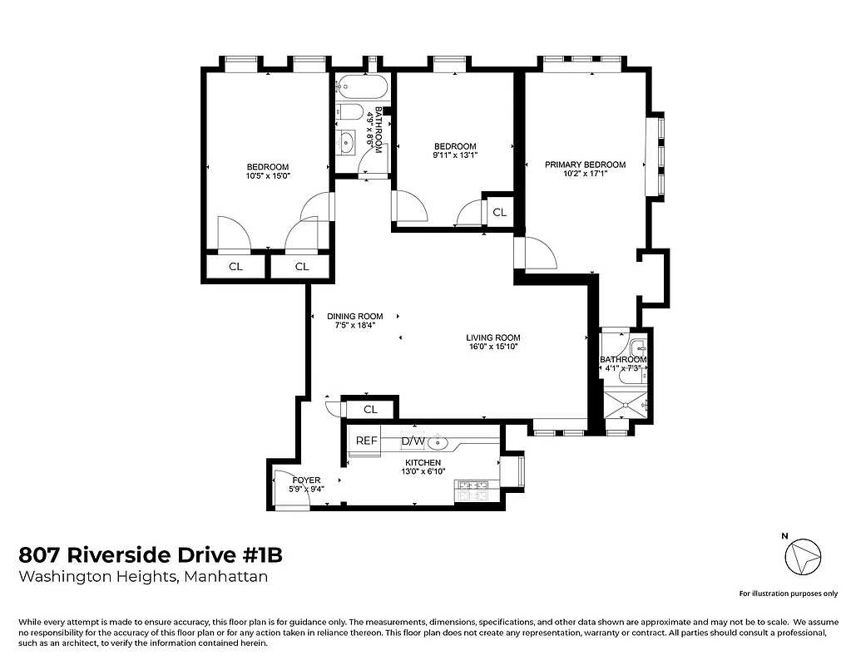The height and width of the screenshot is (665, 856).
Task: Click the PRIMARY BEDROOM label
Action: point(585,165)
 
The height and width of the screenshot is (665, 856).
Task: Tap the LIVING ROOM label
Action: point(492,337)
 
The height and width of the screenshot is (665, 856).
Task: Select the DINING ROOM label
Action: point(354,316)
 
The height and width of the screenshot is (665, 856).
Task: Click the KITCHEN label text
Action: point(423,462)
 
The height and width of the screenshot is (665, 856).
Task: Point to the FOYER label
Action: point(306,480)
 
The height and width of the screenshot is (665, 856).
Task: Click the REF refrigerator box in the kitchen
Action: point(366,441)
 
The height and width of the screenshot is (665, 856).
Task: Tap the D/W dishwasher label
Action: point(413,441)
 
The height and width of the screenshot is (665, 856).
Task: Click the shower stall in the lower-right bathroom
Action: point(626,405)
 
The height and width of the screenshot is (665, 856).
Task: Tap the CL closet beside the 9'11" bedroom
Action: point(499,212)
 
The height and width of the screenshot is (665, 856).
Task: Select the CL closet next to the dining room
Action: point(370,409)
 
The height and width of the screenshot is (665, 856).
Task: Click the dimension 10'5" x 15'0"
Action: point(267,176)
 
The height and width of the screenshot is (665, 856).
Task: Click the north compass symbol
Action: point(804,556)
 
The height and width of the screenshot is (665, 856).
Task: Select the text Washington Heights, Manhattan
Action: point(143,577)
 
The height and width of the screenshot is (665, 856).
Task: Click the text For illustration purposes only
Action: point(788,594)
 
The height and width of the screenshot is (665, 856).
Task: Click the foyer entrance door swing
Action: point(285,490)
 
